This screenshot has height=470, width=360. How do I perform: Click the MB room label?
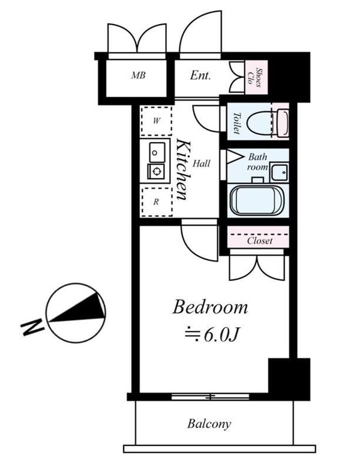pyautogui.click(x=139, y=76)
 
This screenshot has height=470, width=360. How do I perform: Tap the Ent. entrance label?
pyautogui.click(x=201, y=76)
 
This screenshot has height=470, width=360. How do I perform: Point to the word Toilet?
pyautogui.click(x=236, y=122)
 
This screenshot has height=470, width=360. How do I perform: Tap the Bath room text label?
pyautogui.click(x=259, y=162)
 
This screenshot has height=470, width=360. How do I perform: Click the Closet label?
pyautogui.click(x=260, y=240)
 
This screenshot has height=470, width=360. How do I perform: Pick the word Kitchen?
pyautogui.click(x=183, y=171)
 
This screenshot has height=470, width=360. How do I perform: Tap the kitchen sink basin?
pyautogui.click(x=156, y=153)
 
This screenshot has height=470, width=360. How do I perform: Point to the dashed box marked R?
pyautogui.click(x=156, y=202)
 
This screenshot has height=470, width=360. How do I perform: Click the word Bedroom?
pyautogui.click(x=210, y=308)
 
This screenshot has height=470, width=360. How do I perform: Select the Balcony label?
pyautogui.click(x=209, y=424)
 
